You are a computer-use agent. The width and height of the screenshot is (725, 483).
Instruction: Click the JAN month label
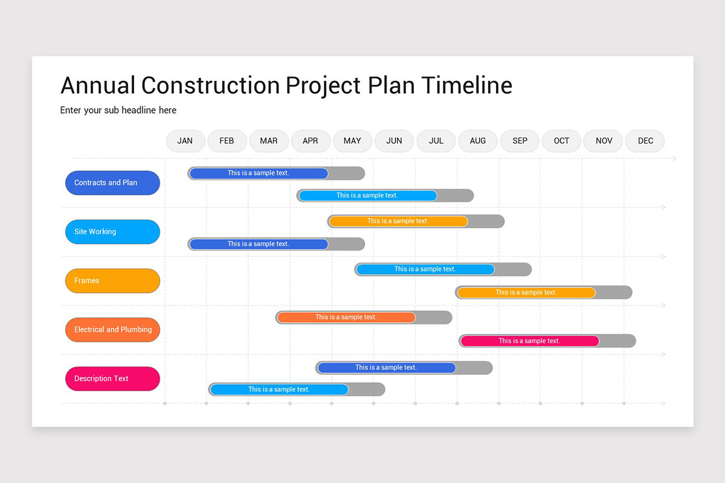(185, 141)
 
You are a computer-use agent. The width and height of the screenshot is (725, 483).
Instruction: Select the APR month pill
(311, 141)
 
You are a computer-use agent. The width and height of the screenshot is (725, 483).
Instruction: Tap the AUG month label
(478, 141)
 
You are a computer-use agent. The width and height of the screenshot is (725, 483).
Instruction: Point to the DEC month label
(645, 141)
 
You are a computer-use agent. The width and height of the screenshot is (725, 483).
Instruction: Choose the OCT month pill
(561, 141)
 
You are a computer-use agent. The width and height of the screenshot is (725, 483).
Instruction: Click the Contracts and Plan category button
(112, 183)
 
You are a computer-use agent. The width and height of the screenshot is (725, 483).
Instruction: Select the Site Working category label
(112, 232)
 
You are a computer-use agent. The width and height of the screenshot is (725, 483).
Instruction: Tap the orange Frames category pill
(112, 281)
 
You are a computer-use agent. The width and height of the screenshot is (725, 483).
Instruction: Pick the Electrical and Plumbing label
(112, 330)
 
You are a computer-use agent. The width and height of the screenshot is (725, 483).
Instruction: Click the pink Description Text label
(112, 379)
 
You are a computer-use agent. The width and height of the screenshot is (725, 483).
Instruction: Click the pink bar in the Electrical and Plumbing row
(529, 341)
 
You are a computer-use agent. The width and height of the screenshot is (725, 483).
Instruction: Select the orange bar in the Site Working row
(398, 222)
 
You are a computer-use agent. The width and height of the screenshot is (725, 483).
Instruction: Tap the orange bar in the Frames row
(526, 293)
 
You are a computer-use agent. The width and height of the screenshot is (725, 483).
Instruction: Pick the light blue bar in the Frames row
(425, 269)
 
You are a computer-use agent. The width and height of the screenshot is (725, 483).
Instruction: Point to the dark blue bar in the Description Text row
(387, 368)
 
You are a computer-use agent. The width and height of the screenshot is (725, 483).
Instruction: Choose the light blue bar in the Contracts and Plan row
(367, 196)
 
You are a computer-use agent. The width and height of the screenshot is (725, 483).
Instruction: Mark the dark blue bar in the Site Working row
(259, 245)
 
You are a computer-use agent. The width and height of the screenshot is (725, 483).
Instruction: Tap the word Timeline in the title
(466, 86)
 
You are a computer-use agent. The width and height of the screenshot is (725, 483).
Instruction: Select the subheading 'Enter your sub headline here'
(118, 110)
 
